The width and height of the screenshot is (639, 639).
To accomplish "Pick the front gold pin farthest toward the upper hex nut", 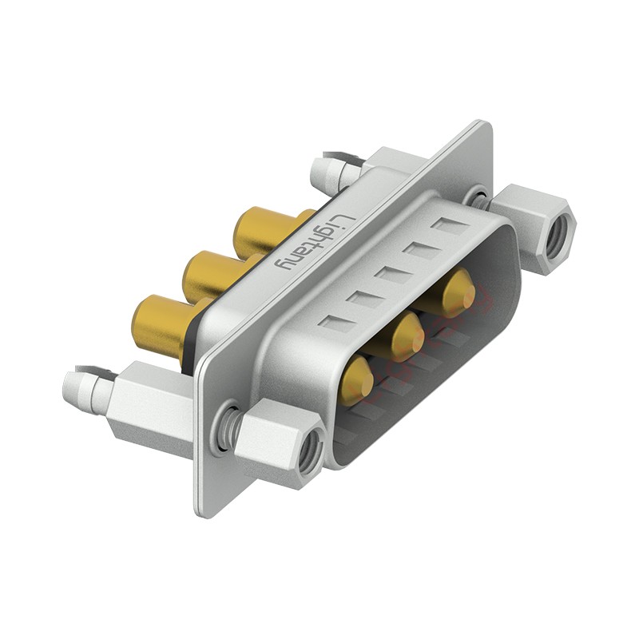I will pyautogui.click(x=456, y=292).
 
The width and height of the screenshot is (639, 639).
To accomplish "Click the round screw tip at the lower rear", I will pyautogui.click(x=76, y=387).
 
